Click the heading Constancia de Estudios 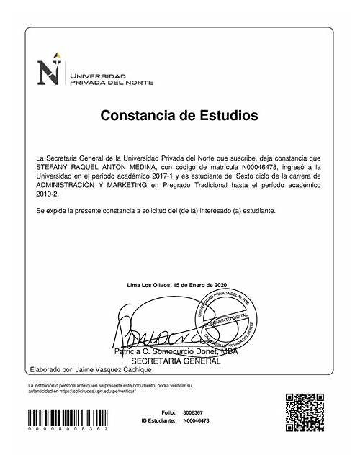click(179, 115)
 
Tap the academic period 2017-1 click(157, 175)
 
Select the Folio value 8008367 click(192, 412)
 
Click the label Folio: click(168, 412)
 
